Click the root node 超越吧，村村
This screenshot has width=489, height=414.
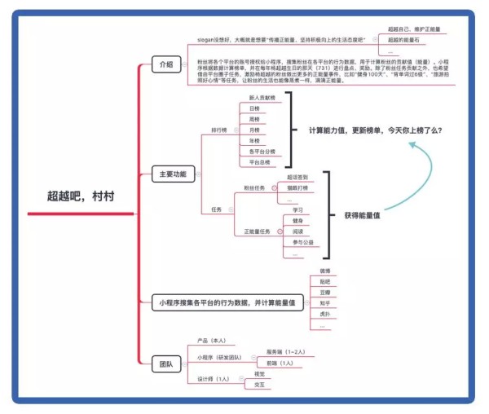pyautogui.click(x=80, y=196)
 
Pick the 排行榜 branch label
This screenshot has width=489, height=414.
pyautogui.click(x=219, y=130)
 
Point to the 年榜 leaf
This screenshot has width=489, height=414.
pyautogui.click(x=254, y=140)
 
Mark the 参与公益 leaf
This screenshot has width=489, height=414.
pyautogui.click(x=302, y=242)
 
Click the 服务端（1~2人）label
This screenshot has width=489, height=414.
pyautogui.click(x=284, y=351)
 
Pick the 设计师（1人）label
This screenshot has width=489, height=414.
pyautogui.click(x=213, y=379)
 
